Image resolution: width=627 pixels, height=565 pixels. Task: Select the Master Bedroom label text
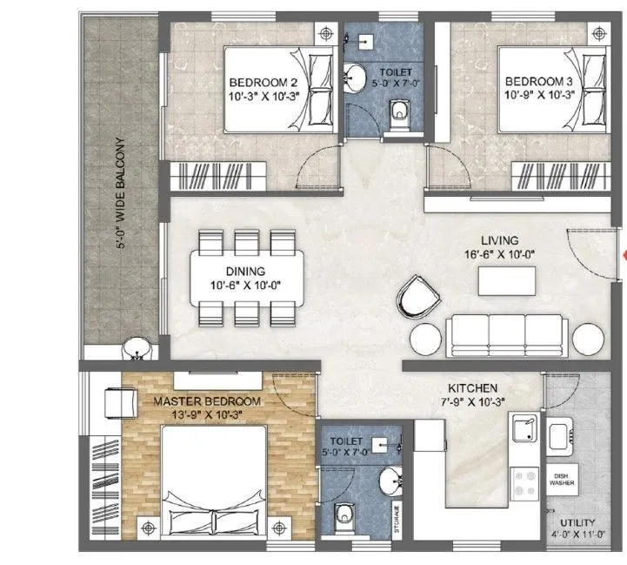tap(207, 400)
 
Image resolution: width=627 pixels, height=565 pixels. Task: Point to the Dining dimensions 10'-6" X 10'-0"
tap(246, 286)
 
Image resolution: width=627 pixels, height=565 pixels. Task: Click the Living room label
tap(500, 240)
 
